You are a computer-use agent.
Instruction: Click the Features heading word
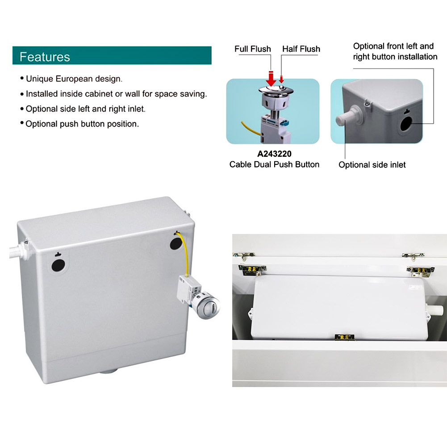(45, 57)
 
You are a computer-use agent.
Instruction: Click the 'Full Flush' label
(253, 49)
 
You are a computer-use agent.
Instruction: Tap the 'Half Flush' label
(301, 49)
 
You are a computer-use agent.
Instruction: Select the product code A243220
(274, 154)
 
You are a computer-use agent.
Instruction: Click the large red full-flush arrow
(271, 79)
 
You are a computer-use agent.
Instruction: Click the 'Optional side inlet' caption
(372, 165)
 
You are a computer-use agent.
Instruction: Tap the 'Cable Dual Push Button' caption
(274, 164)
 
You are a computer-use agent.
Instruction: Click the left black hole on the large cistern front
(58, 265)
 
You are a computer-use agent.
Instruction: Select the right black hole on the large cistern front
(175, 243)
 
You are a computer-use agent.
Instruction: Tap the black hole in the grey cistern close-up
(406, 124)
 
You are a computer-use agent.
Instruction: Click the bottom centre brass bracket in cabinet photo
(345, 338)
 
